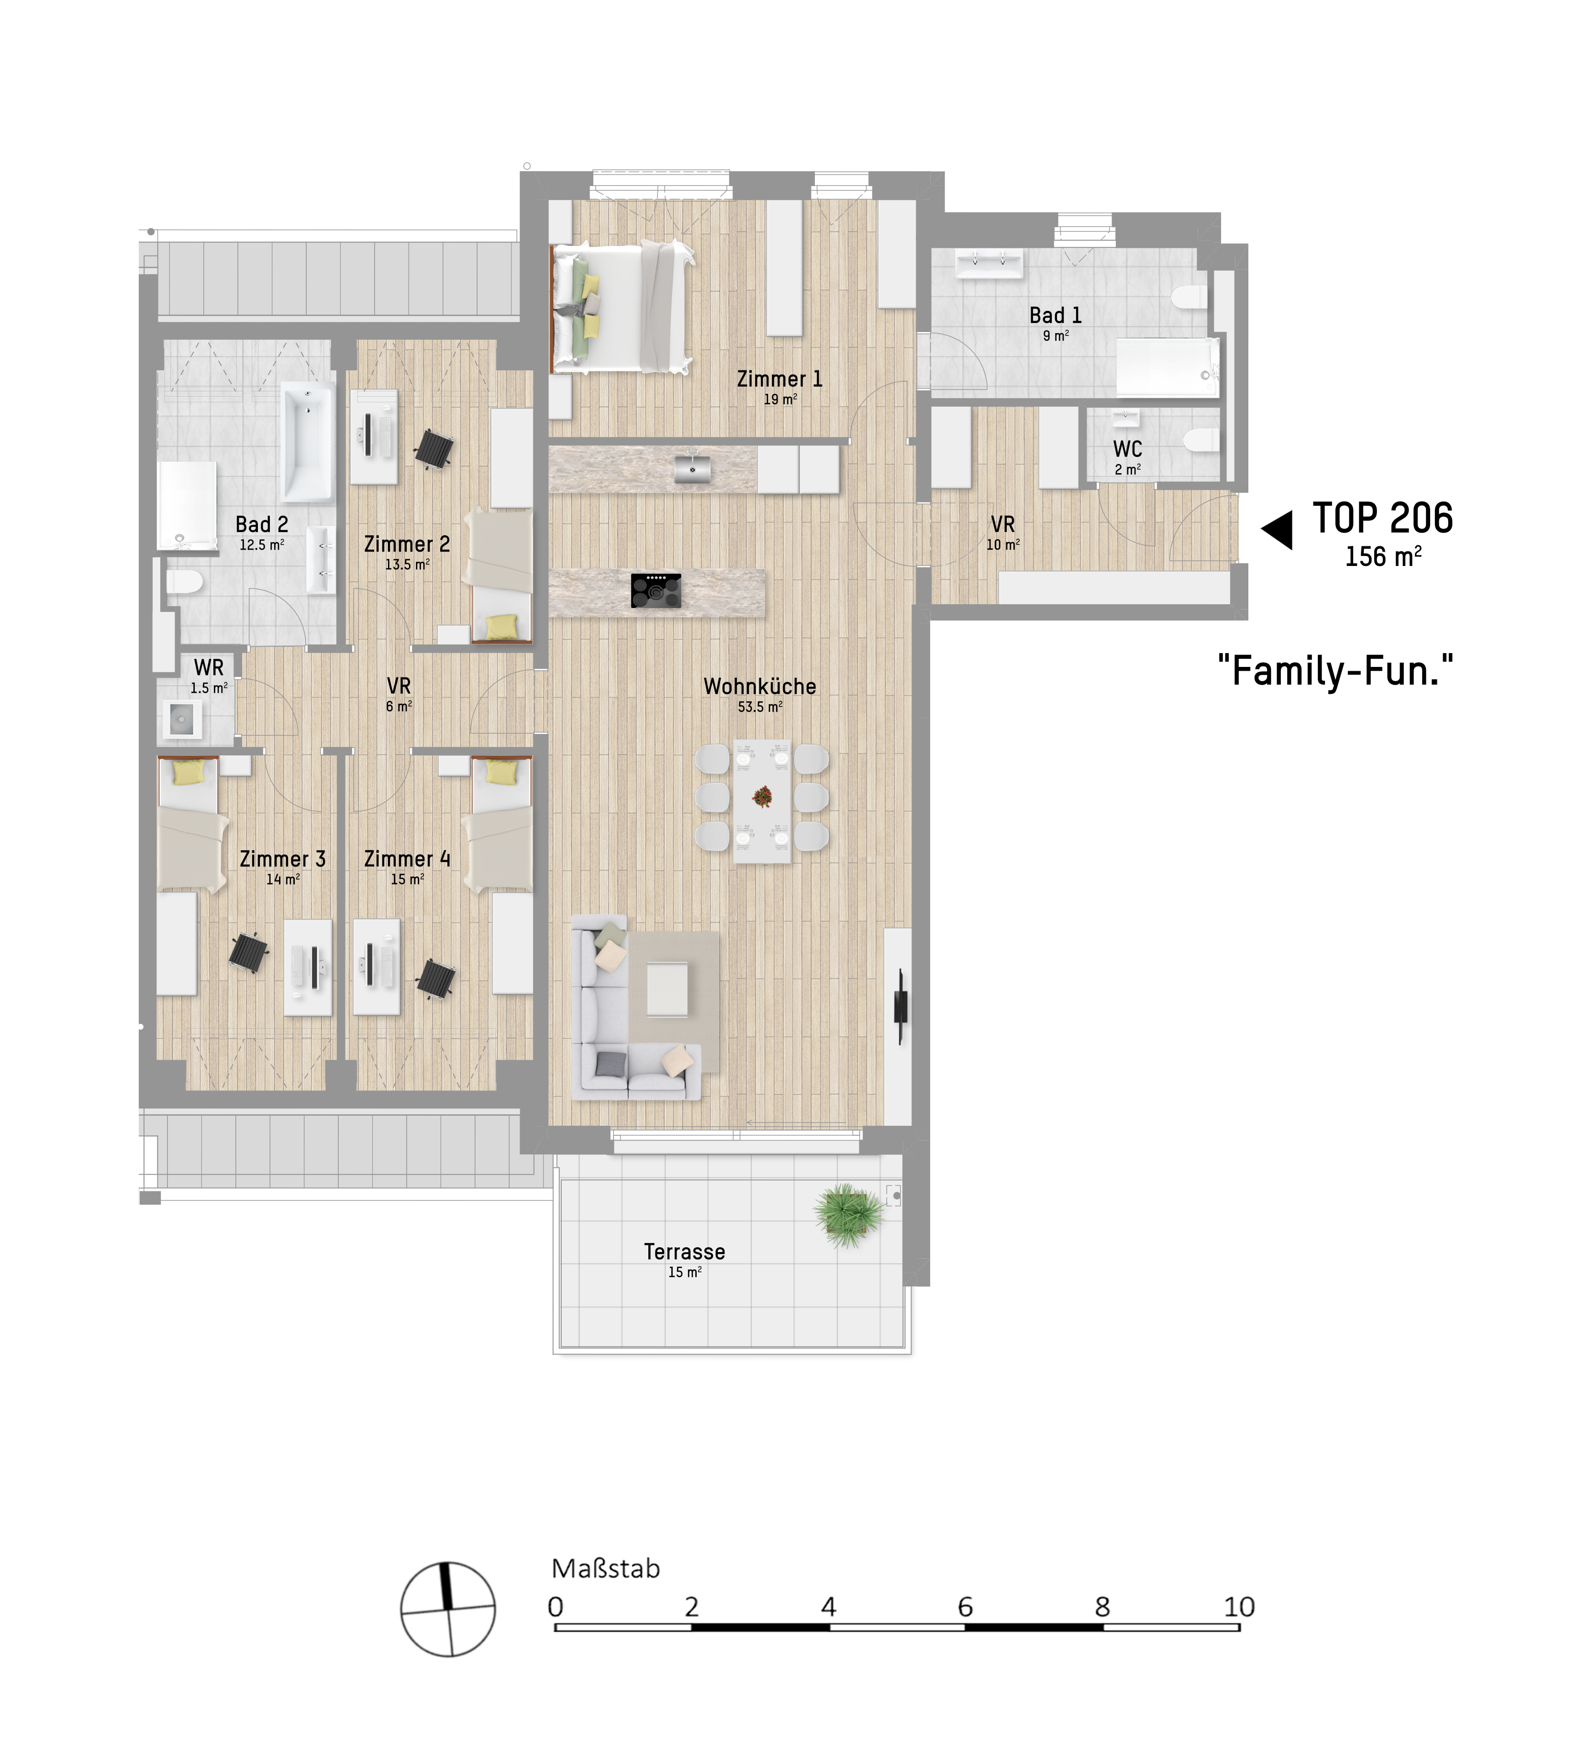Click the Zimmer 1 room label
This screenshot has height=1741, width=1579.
[779, 378]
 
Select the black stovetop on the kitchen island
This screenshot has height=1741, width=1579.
[656, 591]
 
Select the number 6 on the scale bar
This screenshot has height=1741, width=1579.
[965, 1606]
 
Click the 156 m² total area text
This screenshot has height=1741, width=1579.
[1383, 556]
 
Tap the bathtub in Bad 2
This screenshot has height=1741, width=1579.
[308, 443]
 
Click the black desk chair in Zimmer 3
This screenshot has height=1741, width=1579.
[249, 953]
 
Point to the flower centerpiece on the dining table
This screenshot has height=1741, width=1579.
[762, 796]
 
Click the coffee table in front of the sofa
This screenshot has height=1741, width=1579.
[667, 989]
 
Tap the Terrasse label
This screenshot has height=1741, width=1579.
[684, 1252]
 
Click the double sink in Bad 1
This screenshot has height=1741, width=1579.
[989, 264]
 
